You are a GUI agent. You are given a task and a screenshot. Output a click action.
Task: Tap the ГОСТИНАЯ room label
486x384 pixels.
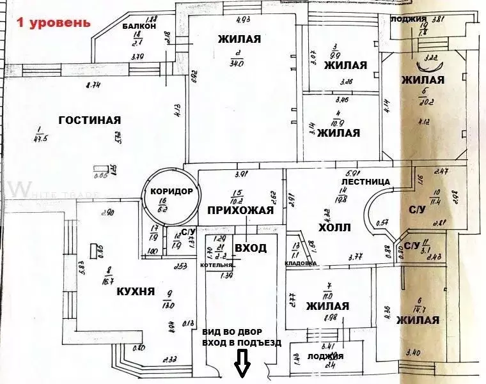click(90, 119)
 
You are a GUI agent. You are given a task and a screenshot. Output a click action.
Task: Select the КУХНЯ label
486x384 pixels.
click(135, 291)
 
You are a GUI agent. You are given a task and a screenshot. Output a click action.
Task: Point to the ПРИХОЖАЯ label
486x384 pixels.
click(240, 210)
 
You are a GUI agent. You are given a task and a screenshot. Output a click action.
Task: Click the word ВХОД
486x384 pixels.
click(251, 248)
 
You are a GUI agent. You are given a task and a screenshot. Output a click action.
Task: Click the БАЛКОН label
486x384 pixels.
click(141, 26)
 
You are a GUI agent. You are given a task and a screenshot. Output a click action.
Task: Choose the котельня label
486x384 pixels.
click(216, 263)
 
